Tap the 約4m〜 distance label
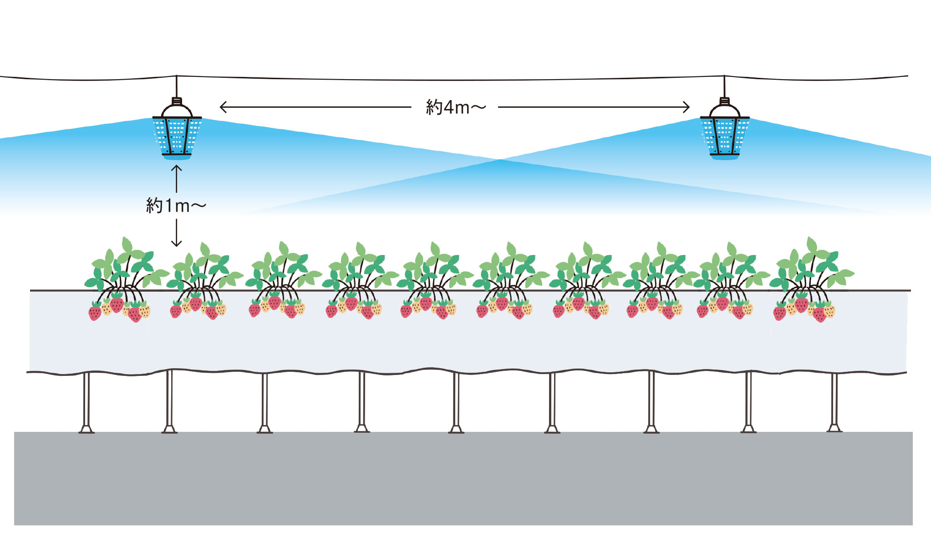[455, 107]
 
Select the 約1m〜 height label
[176, 206]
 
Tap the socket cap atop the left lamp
[177, 101]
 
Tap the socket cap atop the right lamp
[724, 101]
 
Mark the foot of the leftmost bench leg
[86, 429]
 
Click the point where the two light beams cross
[500, 160]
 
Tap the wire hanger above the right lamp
[724, 86]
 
